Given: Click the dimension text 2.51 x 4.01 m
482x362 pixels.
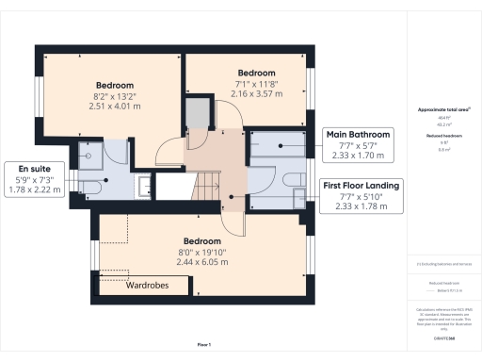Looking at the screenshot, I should [x=115, y=107].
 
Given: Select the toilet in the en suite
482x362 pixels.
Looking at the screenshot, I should [x=88, y=186].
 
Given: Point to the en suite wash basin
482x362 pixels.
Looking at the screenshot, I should [x=142, y=187].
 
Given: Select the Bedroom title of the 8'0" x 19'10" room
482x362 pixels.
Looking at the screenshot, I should [x=202, y=240].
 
